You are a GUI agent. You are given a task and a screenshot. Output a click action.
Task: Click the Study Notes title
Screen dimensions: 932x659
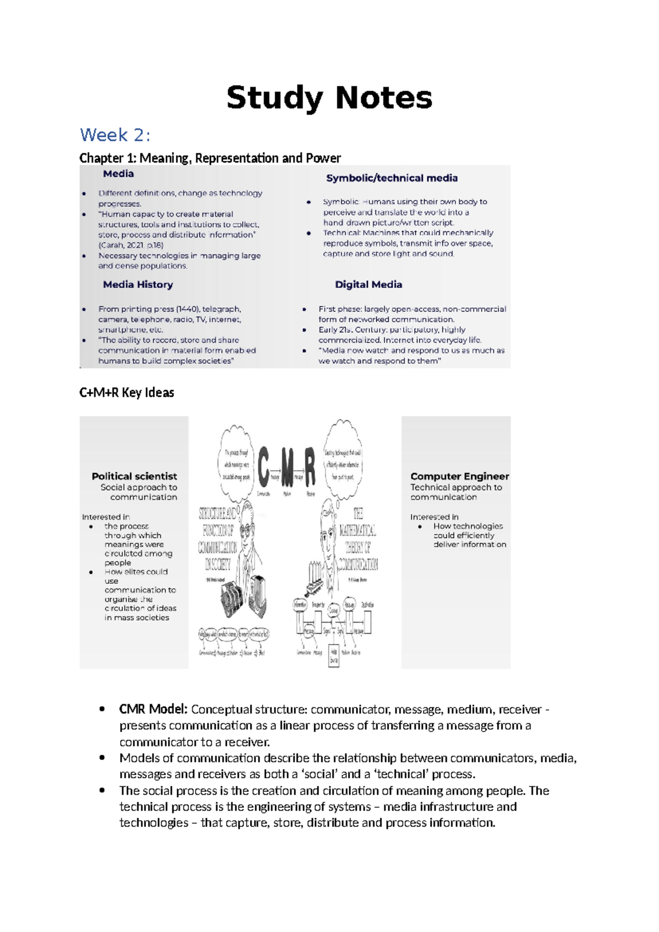click(x=329, y=98)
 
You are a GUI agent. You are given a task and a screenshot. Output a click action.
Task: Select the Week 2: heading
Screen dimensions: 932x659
click(x=115, y=135)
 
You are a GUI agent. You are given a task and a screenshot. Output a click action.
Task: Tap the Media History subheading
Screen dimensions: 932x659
click(x=138, y=285)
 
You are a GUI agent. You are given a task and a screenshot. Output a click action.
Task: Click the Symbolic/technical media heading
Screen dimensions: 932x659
click(x=392, y=178)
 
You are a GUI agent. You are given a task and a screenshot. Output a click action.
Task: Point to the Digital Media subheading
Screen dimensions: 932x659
click(x=368, y=285)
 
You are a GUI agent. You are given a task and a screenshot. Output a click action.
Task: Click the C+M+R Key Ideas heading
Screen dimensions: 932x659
click(x=127, y=392)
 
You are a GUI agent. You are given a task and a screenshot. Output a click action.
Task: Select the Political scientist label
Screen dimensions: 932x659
click(x=134, y=476)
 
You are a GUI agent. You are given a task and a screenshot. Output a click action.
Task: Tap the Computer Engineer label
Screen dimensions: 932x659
click(x=460, y=476)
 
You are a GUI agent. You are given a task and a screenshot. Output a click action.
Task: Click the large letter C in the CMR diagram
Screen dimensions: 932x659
click(x=264, y=467)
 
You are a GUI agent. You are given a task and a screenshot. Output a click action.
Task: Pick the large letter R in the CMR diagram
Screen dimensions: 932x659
click(x=310, y=467)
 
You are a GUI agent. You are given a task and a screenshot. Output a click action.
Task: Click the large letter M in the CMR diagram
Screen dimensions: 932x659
click(x=287, y=467)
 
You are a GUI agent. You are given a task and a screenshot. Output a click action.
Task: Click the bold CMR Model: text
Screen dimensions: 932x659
click(x=154, y=709)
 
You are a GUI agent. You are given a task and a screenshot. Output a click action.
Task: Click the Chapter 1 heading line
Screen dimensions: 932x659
click(x=210, y=158)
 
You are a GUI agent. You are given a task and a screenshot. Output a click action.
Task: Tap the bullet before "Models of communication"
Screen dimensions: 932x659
click(x=102, y=757)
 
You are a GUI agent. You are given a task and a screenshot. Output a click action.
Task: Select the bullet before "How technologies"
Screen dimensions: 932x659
click(x=420, y=526)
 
